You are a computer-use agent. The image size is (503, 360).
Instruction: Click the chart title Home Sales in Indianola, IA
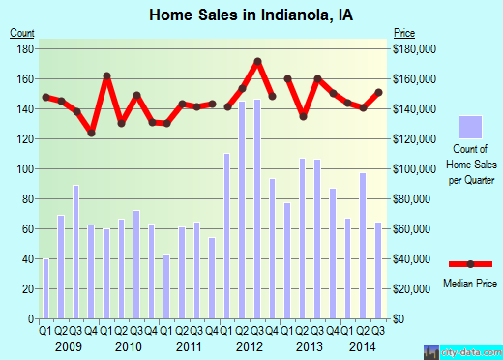251,15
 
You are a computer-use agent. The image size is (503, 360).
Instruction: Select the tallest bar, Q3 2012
257,208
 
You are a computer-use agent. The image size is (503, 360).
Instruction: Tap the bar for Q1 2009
45,288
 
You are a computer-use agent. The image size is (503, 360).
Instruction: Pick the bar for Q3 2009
75,252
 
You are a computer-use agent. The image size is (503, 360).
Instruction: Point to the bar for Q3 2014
378,270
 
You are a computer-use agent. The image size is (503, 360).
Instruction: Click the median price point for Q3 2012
257,61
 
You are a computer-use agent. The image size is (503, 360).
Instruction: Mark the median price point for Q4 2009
91,133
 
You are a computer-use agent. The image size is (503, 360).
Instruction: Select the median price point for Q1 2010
106,75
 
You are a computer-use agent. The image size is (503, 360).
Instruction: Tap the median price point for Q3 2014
378,92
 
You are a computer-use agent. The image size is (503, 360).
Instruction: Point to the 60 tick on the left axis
26,229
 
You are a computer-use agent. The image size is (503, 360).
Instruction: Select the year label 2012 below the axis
250,345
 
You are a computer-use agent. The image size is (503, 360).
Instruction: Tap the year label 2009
68,345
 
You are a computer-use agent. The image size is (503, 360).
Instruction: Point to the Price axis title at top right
404,34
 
